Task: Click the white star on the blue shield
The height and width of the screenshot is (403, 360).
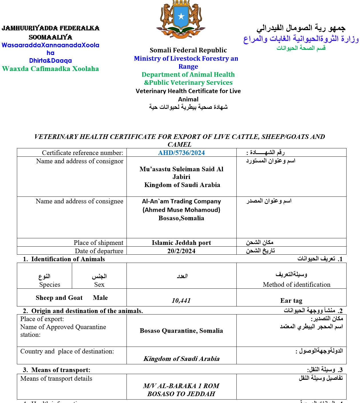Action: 181,16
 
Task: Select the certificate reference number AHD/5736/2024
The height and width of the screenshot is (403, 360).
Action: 181,153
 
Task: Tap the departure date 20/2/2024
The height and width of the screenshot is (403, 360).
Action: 181,251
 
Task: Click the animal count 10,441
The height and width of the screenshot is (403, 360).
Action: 181,300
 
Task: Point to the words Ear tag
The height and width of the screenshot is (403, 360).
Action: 291,300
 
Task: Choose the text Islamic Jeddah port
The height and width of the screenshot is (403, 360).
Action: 181,243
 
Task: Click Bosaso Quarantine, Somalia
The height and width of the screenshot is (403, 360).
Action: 181,331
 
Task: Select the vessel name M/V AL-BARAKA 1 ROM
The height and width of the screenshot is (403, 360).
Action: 181,386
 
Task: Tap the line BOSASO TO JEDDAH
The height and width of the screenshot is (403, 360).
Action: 181,394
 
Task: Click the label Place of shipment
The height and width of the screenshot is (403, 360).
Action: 98,243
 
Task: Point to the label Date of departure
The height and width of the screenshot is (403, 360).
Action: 99,251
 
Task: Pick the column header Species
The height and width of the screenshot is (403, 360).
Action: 50,284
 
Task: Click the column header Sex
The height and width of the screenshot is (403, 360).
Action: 99,284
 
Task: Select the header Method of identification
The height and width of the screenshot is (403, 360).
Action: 296,284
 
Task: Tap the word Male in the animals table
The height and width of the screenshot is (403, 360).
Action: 100,298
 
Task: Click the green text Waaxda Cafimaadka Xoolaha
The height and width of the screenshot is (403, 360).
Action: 50,69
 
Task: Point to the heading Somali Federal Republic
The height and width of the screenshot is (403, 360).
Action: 188,50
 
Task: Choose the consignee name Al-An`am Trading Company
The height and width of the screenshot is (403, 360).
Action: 181,201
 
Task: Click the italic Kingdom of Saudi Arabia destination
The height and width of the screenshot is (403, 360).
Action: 181,359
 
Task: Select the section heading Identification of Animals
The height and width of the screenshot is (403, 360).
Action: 68,259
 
